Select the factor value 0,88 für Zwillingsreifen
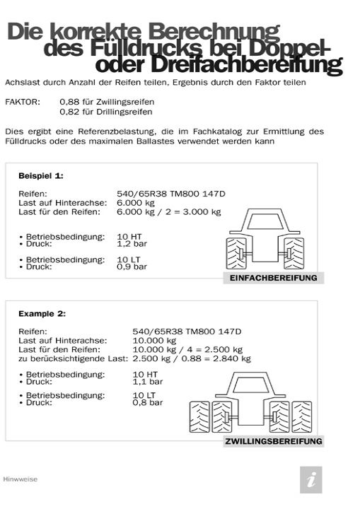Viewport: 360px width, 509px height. [x=105, y=102]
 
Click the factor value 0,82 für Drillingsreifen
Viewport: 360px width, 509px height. [x=105, y=112]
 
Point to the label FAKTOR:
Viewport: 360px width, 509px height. [x=23, y=102]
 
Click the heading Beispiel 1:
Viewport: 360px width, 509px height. [x=41, y=174]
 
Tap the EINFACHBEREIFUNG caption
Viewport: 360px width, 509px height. [x=273, y=278]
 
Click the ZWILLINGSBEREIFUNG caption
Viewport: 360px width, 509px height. [x=273, y=441]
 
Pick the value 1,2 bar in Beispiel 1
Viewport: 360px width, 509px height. [x=131, y=242]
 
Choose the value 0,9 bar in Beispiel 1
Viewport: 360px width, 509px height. [x=131, y=267]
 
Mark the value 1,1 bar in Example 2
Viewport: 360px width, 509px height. [x=147, y=381]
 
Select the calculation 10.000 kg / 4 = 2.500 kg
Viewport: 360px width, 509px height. [x=187, y=349]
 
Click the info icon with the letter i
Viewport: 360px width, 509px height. [x=311, y=480]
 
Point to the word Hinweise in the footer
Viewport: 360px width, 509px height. [x=21, y=479]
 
